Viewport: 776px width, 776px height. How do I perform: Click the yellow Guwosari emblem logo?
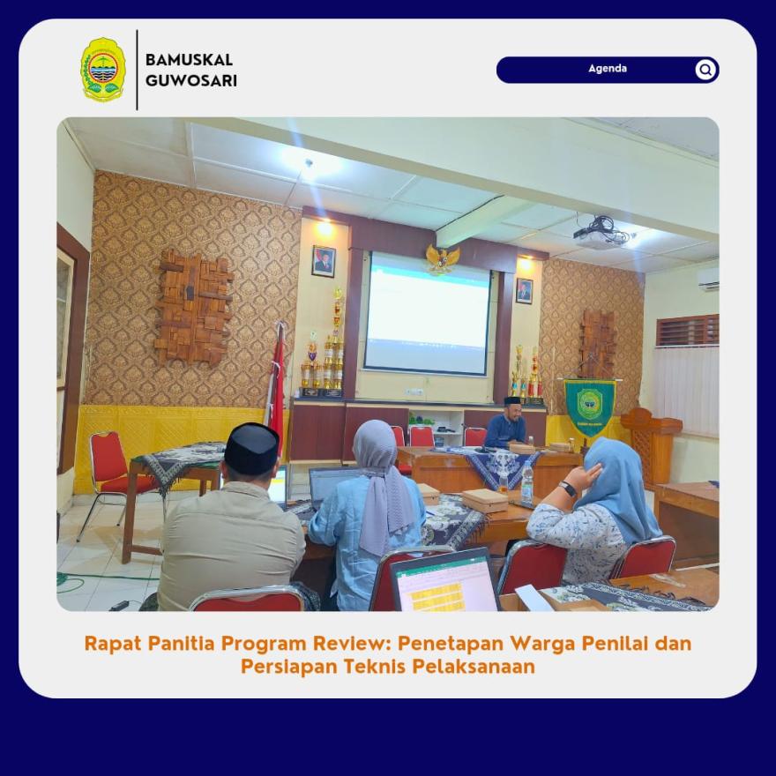(103, 70)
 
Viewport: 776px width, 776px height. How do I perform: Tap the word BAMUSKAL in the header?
(189, 60)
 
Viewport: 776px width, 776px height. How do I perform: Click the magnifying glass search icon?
(705, 70)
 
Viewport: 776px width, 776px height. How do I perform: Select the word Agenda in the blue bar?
(608, 69)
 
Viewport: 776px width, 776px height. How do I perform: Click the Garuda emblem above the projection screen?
(443, 258)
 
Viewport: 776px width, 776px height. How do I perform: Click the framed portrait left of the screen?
(324, 261)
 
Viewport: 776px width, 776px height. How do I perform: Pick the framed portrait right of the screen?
(524, 290)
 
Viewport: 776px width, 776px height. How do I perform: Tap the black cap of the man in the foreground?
(251, 448)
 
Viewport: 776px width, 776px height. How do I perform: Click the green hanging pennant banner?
(589, 407)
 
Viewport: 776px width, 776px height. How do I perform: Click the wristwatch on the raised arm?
(567, 489)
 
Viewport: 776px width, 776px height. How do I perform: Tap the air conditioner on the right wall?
(709, 279)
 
